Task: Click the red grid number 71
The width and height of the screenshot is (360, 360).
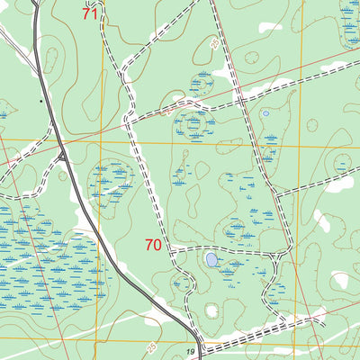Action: point(89,13)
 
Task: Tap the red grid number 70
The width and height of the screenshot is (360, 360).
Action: point(153,244)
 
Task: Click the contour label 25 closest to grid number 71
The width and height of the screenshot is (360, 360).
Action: point(212,43)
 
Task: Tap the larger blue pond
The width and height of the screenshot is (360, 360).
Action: point(211,259)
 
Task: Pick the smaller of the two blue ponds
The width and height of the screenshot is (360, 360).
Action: point(265,114)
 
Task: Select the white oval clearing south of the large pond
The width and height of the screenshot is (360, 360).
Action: point(212,310)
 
